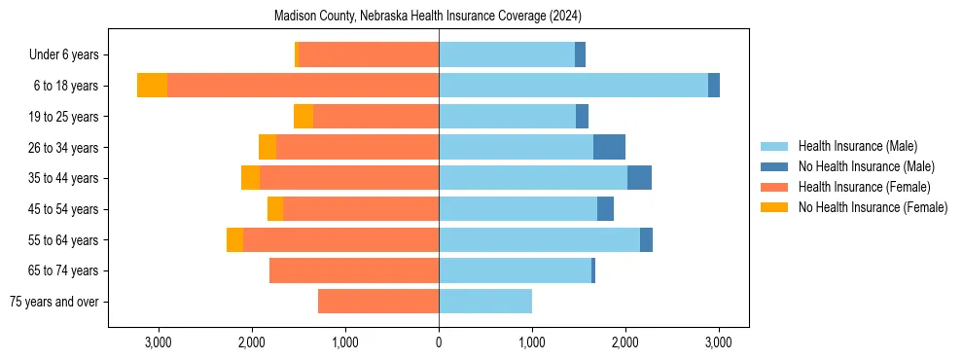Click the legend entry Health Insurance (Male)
pos(857,146)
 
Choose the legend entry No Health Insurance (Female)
pos(873,207)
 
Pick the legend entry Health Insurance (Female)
pos(864,187)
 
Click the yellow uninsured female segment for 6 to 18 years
pos(152,86)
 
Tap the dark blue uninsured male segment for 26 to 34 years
pos(609,147)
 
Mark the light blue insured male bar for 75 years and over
pos(485,302)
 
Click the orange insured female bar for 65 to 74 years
pos(354,270)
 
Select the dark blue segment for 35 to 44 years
pos(639,178)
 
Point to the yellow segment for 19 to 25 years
pos(303,117)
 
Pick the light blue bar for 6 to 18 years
pos(573,86)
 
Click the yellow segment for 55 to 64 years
pos(234,239)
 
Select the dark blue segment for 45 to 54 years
pos(605,209)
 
